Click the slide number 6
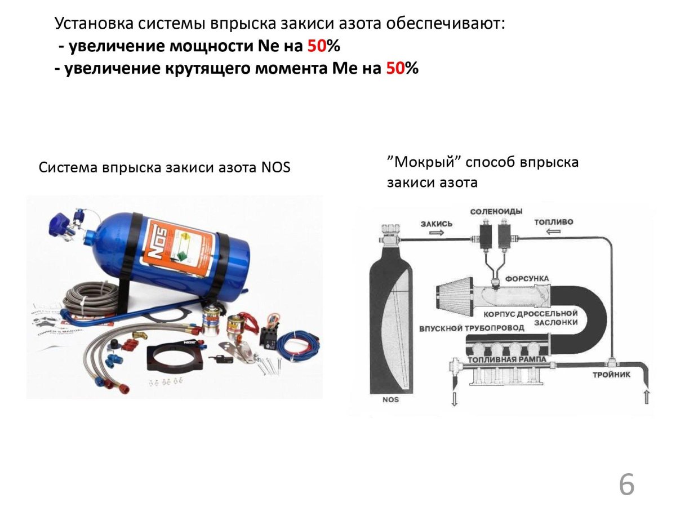pyautogui.click(x=626, y=485)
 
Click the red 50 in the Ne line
pyautogui.click(x=317, y=46)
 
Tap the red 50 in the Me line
pyautogui.click(x=395, y=68)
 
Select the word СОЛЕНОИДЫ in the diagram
pyautogui.click(x=496, y=211)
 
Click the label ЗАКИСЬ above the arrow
pyautogui.click(x=436, y=224)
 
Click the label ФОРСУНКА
pyautogui.click(x=527, y=279)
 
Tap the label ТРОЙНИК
pyautogui.click(x=612, y=374)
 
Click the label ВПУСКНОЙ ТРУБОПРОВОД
pyautogui.click(x=472, y=328)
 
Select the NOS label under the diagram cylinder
pyautogui.click(x=390, y=399)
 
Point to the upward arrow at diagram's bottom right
pyautogui.click(x=647, y=397)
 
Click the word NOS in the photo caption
pyautogui.click(x=275, y=168)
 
